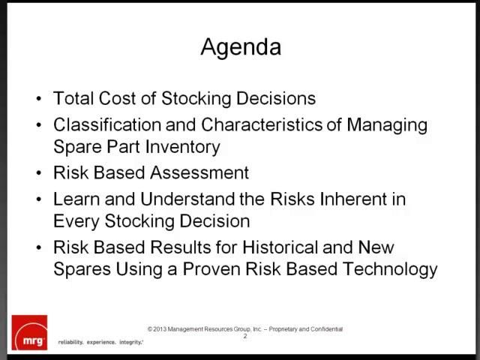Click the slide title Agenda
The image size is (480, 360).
click(241, 47)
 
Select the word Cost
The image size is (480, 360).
click(118, 98)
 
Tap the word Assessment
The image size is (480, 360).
click(199, 172)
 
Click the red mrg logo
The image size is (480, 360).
click(29, 333)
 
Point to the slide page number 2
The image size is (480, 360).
click(245, 337)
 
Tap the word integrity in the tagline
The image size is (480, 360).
click(130, 342)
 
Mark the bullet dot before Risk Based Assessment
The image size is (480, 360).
click(39, 173)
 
